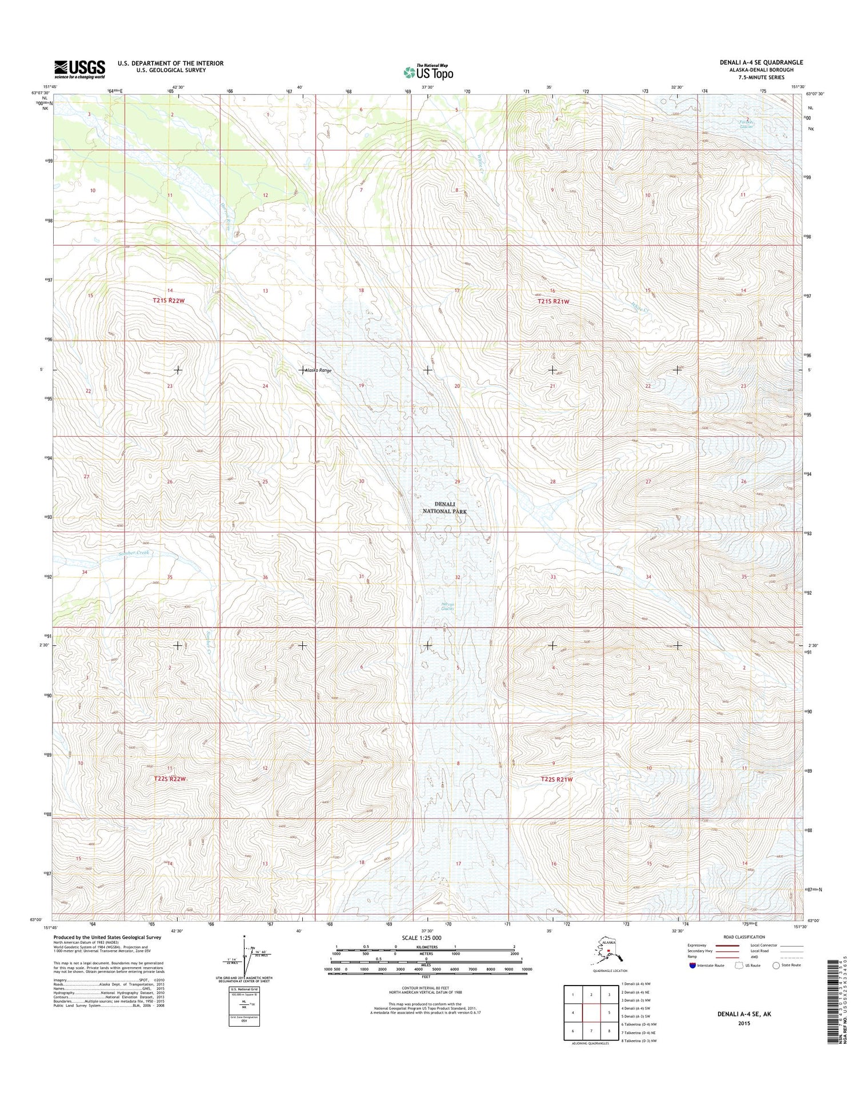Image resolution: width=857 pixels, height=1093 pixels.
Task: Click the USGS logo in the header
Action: pos(79,69)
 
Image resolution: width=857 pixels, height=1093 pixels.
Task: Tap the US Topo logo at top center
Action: pos(428,72)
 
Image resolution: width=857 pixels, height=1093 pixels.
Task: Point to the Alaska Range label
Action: pos(318,370)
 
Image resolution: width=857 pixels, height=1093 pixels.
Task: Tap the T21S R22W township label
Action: pos(169,300)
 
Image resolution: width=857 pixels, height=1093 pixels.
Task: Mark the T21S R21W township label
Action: pos(553,301)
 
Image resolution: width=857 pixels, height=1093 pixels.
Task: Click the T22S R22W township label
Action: pos(170,779)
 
